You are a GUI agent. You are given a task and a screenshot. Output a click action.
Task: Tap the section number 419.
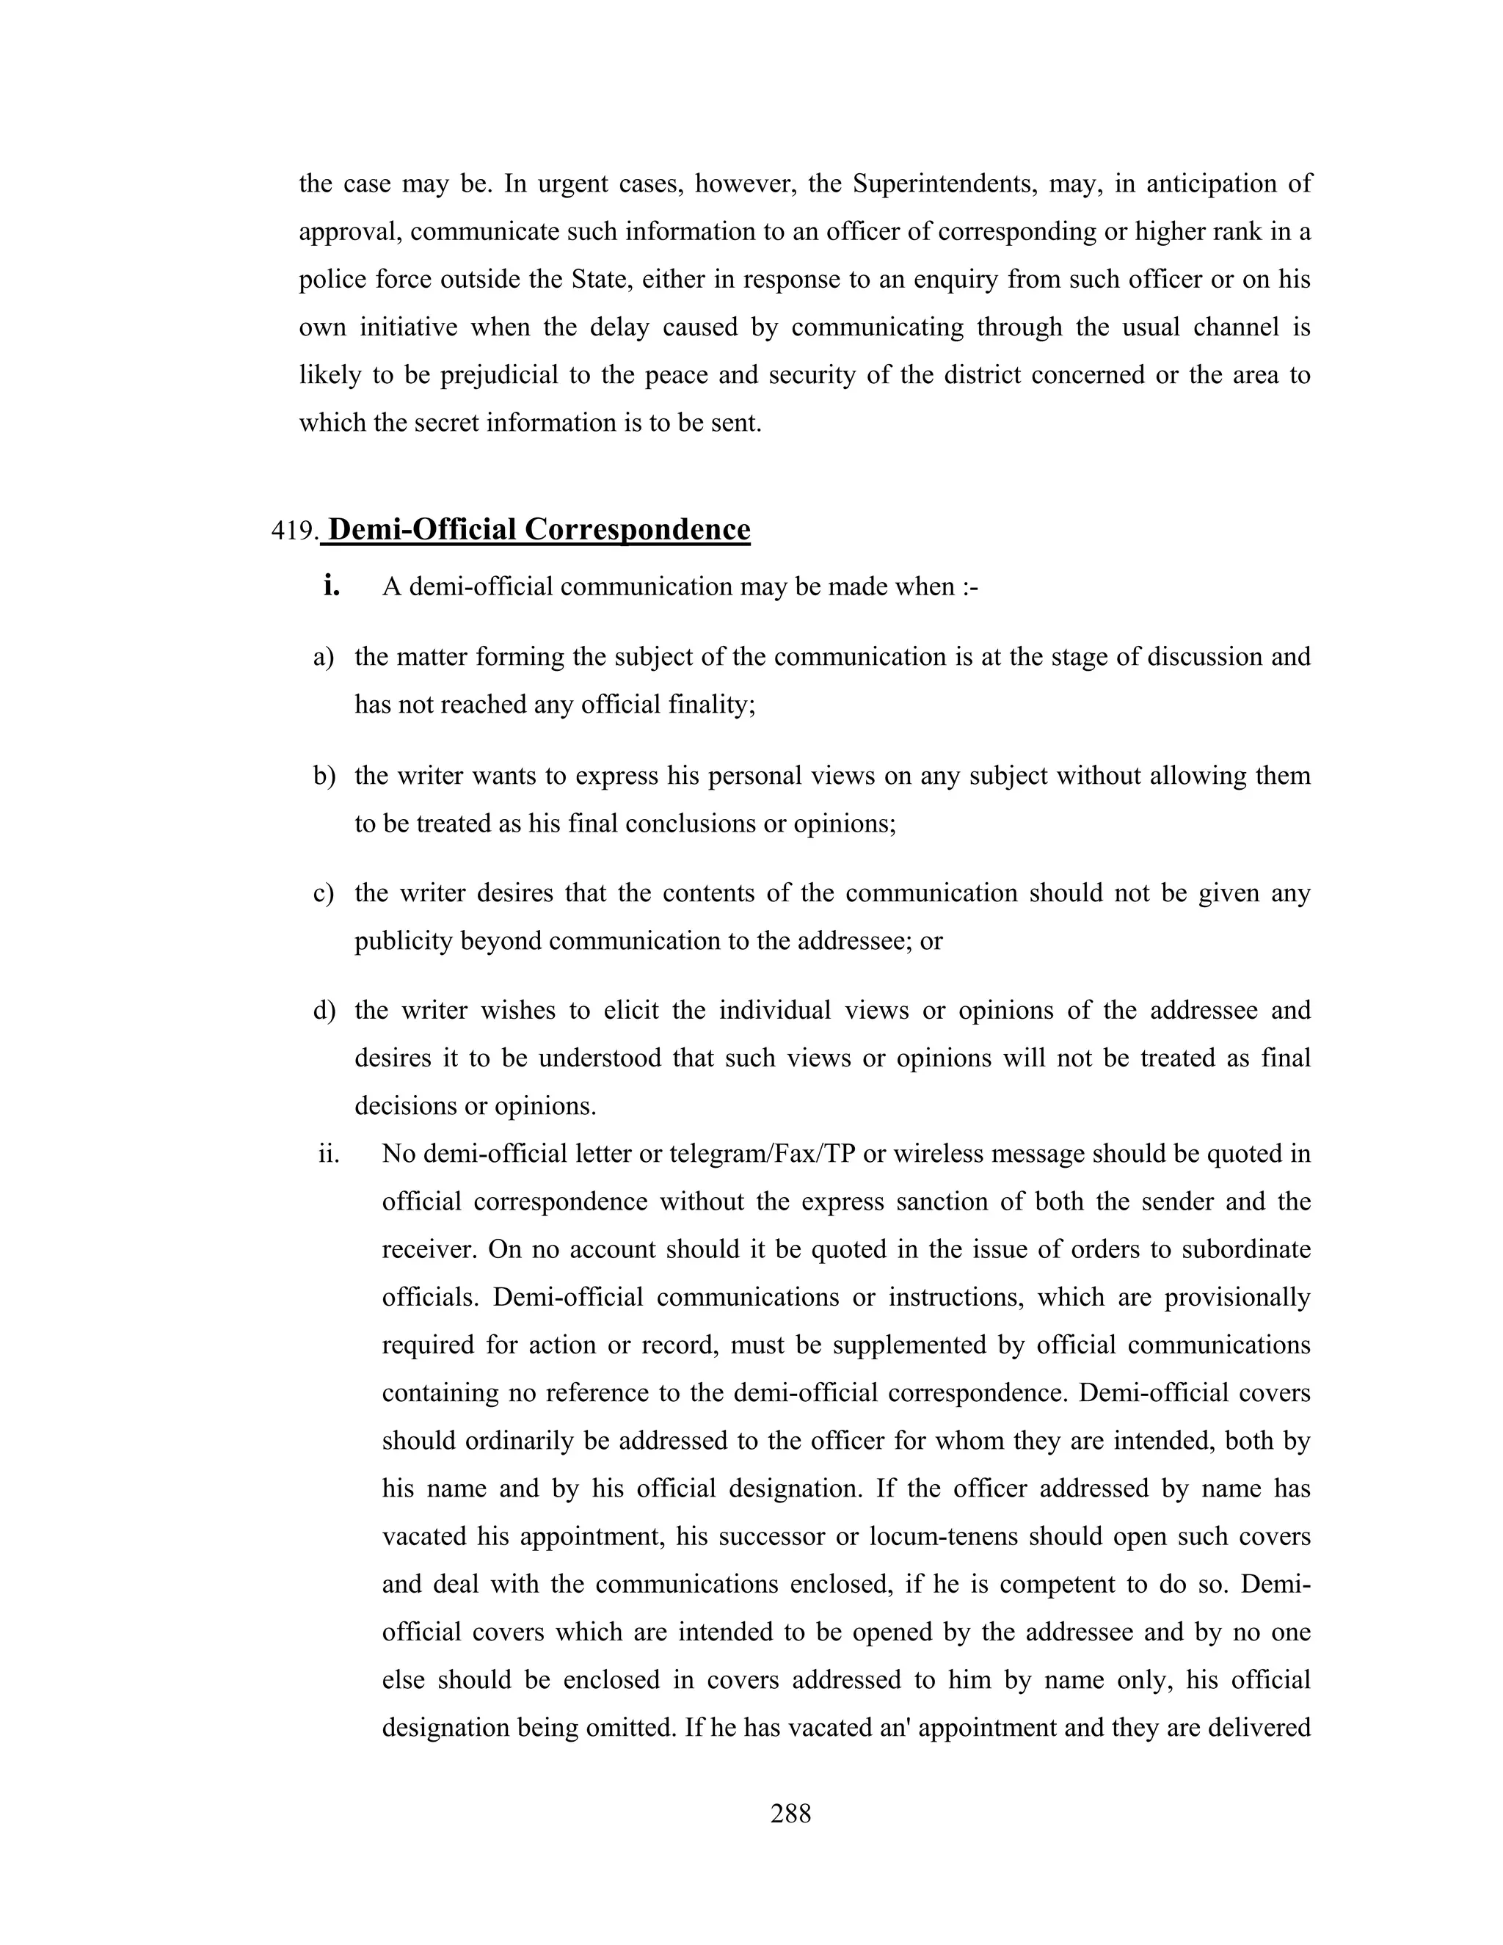coord(294,531)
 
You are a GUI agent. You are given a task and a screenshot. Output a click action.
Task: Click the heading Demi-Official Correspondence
coord(539,529)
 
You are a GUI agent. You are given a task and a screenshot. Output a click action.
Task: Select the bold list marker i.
coord(332,585)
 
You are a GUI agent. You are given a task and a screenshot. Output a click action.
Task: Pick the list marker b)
coord(324,776)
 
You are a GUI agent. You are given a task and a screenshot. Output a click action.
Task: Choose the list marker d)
coord(324,1011)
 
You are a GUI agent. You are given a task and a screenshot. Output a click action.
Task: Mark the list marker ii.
coord(330,1155)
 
